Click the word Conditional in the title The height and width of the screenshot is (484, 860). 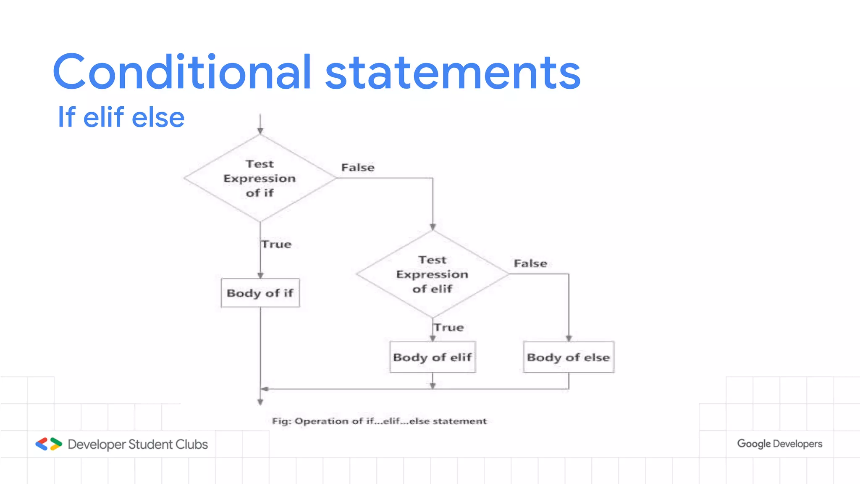coord(181,72)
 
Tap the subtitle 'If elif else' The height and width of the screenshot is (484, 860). coord(121,117)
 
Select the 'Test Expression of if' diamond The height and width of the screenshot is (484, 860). coord(260,178)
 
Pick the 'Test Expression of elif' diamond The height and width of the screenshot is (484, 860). coord(433,274)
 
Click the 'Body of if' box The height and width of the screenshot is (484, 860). coord(260,293)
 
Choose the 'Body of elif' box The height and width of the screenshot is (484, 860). coord(433,357)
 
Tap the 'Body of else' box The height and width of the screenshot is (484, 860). coord(569,357)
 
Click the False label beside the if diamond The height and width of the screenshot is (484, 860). coord(358,167)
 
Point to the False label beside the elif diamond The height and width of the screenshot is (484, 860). coord(530,263)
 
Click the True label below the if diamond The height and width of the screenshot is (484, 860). coord(276,244)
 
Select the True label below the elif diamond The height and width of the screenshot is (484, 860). coord(449,327)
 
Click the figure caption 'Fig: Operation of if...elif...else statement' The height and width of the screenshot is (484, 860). coord(379,421)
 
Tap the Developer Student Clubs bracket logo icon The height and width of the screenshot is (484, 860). coord(49,444)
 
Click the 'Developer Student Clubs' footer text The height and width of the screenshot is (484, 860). coord(138,444)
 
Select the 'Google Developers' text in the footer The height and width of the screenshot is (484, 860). coord(779,444)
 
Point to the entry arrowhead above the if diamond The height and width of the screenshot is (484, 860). coord(260,131)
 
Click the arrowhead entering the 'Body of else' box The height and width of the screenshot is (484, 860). coord(569,338)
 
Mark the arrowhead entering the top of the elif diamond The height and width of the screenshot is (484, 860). coord(433,227)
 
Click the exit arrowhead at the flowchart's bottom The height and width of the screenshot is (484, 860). coord(260,402)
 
